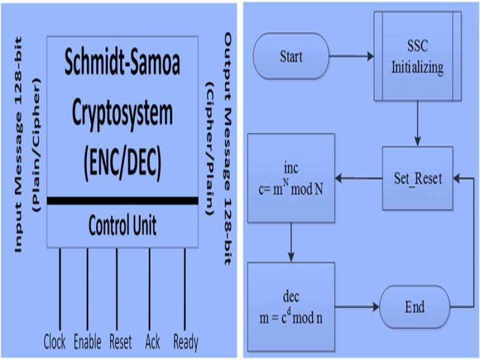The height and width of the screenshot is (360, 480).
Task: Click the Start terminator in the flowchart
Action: (x=292, y=57)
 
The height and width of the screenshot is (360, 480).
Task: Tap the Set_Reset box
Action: (x=418, y=178)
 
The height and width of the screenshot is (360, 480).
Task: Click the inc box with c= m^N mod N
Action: (x=290, y=178)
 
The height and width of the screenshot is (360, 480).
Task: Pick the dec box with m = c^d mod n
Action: (x=290, y=307)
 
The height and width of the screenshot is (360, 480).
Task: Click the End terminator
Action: (x=415, y=307)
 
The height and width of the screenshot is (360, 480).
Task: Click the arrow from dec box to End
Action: (x=356, y=307)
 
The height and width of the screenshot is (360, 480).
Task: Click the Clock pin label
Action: (x=55, y=343)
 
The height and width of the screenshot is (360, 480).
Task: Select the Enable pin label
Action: (x=87, y=343)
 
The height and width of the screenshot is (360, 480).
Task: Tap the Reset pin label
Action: (x=121, y=343)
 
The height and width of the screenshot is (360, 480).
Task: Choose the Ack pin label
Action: (x=152, y=343)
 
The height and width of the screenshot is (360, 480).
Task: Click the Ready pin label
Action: (x=185, y=343)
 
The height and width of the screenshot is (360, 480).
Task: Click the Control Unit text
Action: (x=122, y=226)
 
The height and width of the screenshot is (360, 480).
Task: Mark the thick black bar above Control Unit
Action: (x=122, y=200)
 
